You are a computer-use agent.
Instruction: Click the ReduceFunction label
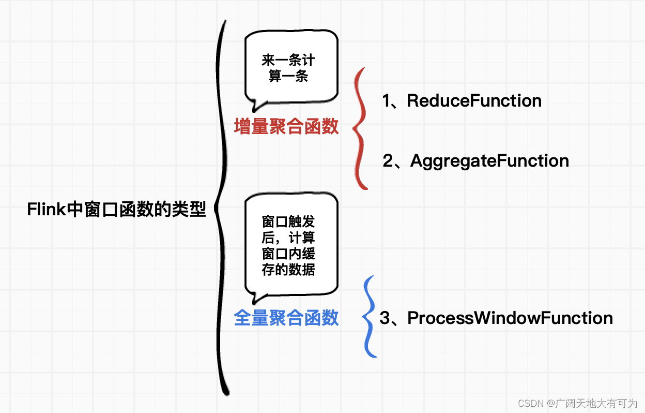click(474, 100)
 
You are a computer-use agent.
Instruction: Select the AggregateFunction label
click(489, 160)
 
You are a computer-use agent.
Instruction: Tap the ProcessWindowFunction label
click(510, 318)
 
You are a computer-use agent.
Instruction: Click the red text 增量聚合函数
click(286, 126)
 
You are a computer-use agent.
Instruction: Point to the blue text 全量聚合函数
click(286, 318)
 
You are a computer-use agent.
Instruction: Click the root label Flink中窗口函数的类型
click(116, 210)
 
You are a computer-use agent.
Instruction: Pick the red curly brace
click(360, 128)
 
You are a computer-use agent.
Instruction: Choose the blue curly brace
click(370, 317)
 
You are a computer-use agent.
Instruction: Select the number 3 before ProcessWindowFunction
click(385, 318)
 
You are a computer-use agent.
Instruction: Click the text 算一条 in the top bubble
click(288, 77)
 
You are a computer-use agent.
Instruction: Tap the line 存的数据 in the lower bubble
click(288, 269)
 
